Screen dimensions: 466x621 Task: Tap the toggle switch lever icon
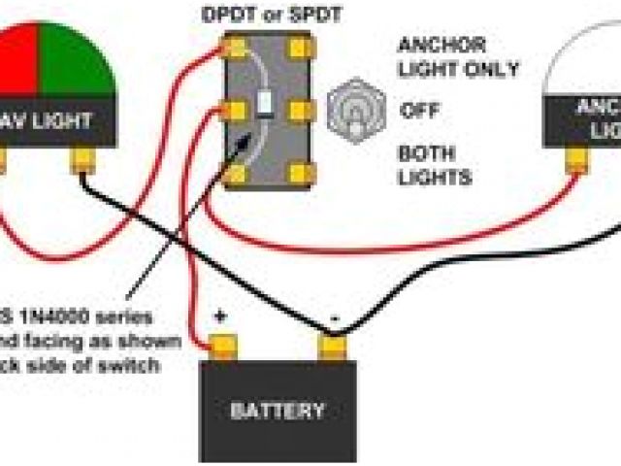tap(351, 108)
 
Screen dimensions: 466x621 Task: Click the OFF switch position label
tap(419, 110)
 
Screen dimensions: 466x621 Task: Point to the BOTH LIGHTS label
tap(435, 165)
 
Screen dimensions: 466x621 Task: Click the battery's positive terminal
tap(224, 344)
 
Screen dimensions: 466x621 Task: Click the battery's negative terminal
tap(332, 344)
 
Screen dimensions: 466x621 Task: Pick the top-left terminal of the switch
tap(236, 47)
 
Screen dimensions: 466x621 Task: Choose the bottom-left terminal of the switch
tap(236, 174)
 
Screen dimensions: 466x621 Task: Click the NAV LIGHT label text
tap(53, 121)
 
